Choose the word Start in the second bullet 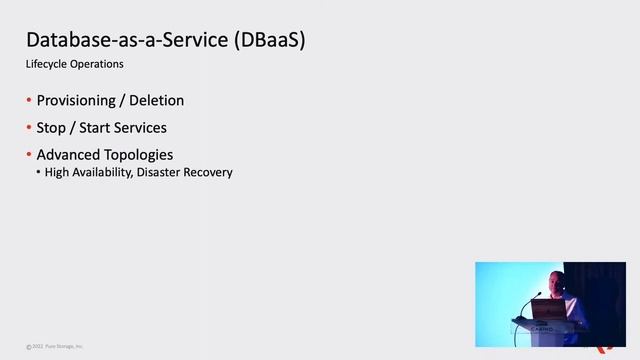(x=104, y=128)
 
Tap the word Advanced (x=71, y=155)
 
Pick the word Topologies (x=142, y=155)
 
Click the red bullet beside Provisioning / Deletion (x=29, y=101)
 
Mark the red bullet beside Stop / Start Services (x=29, y=128)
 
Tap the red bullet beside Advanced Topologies (x=29, y=155)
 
